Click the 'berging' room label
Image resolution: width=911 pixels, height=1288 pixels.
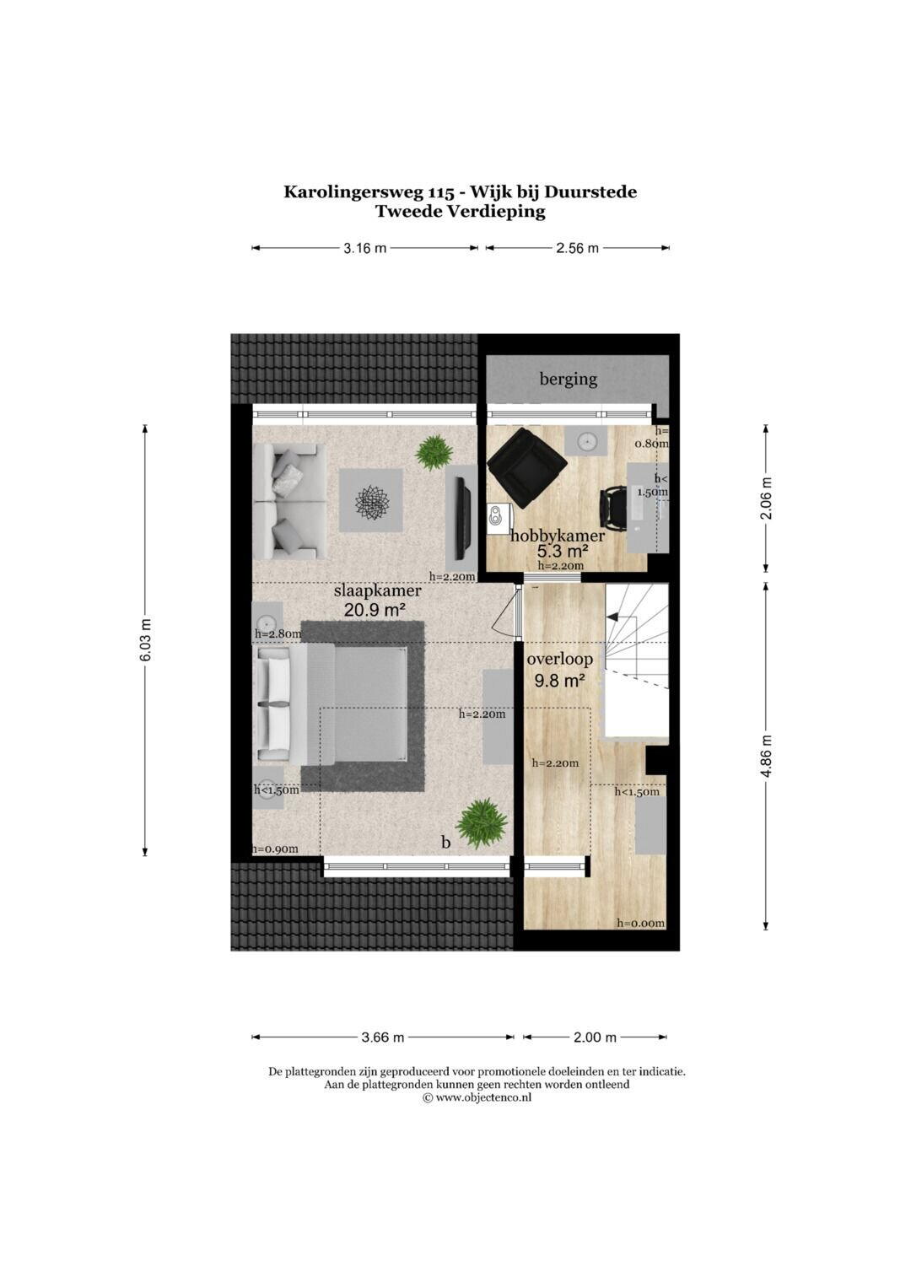click(568, 380)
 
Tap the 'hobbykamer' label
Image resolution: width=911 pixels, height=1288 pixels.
click(558, 536)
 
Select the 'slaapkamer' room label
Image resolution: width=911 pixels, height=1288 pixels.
click(378, 591)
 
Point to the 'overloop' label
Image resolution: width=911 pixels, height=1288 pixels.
click(559, 659)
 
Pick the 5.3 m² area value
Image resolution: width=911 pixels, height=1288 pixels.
click(563, 552)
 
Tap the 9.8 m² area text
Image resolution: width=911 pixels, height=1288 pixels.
click(559, 682)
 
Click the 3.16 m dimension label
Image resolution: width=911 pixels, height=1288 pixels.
click(364, 248)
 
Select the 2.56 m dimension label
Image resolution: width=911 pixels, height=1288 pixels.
click(577, 248)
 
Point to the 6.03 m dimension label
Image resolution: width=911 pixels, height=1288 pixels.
click(145, 639)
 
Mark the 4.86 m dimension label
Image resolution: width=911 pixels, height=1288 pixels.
click(766, 756)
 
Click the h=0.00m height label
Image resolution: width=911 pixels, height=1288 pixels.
click(641, 923)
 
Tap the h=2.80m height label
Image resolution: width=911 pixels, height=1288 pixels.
click(278, 633)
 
